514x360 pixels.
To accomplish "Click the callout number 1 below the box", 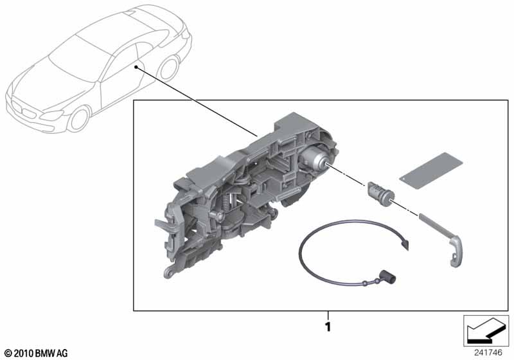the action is [x=328, y=327].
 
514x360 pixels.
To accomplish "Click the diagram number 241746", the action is [x=488, y=353].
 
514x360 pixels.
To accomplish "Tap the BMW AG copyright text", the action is [x=37, y=354].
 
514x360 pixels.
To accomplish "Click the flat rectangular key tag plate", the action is [x=430, y=170].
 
